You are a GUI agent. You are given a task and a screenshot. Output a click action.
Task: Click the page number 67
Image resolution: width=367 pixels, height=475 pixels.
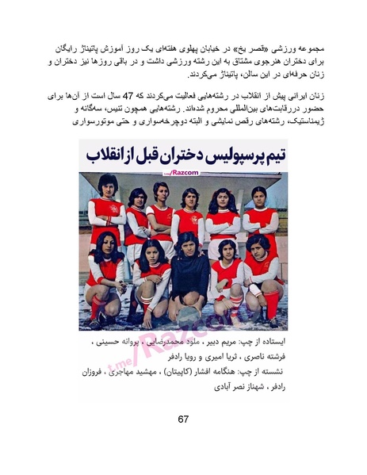tap(183, 419)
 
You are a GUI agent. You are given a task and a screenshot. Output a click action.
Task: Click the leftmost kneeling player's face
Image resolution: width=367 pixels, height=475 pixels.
tap(109, 240)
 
